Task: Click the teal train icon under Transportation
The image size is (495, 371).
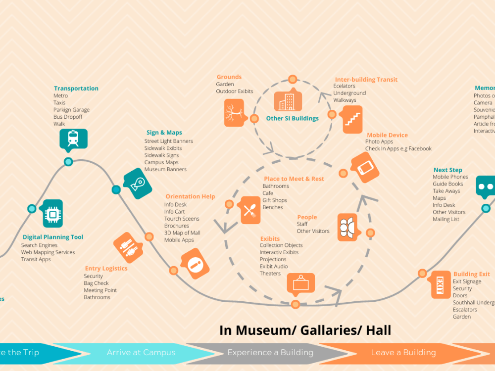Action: (x=73, y=139)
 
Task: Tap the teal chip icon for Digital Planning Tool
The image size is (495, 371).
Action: (x=51, y=214)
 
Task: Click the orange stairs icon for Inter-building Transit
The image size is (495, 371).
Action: (x=352, y=119)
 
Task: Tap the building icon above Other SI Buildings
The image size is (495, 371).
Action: (x=288, y=101)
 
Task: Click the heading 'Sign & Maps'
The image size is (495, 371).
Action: (x=164, y=133)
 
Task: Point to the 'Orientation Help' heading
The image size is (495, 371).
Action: (x=190, y=196)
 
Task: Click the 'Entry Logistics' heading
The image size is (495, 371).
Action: (x=106, y=269)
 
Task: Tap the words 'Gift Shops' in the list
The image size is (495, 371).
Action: (x=274, y=200)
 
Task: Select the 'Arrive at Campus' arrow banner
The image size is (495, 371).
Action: (x=141, y=353)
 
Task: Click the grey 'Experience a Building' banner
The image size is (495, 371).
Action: (x=270, y=353)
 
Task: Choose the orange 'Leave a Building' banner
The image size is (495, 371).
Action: (x=403, y=353)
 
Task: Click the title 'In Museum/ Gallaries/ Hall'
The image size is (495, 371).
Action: (x=305, y=330)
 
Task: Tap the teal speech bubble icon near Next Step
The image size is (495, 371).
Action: (x=485, y=186)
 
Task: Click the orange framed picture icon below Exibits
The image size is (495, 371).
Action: (x=300, y=285)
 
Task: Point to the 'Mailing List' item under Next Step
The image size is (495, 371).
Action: (x=445, y=219)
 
